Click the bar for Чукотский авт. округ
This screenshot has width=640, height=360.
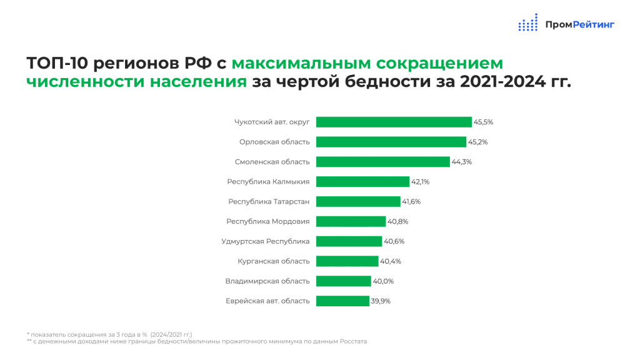394,122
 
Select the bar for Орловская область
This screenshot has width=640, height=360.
391,142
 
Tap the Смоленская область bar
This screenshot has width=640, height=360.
382,162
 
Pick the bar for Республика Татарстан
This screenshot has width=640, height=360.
358,201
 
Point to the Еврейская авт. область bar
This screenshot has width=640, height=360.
342,301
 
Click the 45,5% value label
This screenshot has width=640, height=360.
483,122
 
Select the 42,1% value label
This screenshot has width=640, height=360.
420,182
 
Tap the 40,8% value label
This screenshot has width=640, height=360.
397,221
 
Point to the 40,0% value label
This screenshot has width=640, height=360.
382,281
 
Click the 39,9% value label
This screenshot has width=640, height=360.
381,301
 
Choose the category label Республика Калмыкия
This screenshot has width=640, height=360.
269,182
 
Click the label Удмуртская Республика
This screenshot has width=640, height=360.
266,241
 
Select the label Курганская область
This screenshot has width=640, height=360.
274,261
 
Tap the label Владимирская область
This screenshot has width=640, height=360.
267,281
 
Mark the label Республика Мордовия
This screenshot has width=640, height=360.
267,221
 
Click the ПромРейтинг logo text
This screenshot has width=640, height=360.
579,24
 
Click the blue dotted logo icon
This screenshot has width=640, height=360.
527,24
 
